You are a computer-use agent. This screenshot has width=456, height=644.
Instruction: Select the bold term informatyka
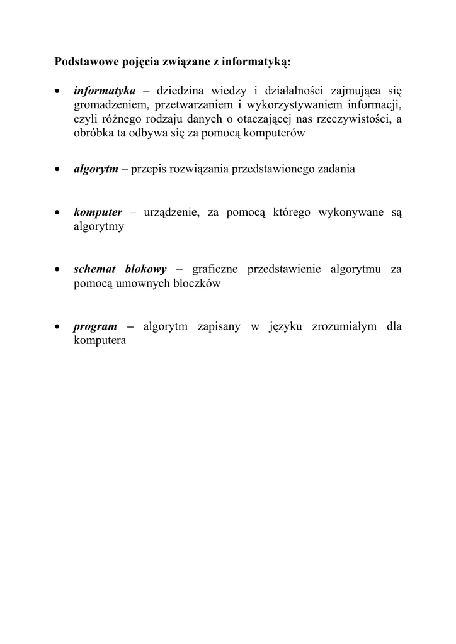(105, 91)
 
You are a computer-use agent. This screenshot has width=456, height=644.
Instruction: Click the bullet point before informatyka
(58, 92)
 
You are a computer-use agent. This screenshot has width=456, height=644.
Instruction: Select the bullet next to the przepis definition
(58, 170)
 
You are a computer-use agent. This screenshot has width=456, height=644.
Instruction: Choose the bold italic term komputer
(98, 213)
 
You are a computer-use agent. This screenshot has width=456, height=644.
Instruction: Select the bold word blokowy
(145, 269)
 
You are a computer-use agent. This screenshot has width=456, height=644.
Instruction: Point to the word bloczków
(198, 283)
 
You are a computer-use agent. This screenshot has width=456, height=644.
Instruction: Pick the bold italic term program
(96, 326)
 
